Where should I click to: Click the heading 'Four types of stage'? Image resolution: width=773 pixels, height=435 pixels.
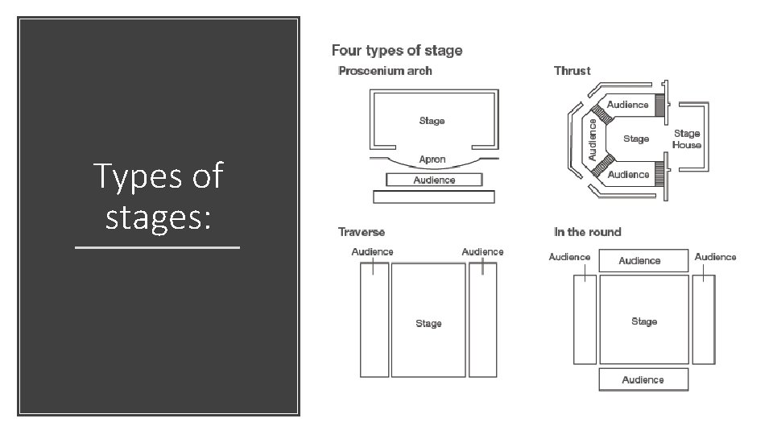pyautogui.click(x=397, y=50)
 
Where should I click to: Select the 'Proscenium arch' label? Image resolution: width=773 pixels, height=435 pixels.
pyautogui.click(x=385, y=71)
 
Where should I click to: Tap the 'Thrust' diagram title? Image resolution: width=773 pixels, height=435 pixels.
pyautogui.click(x=572, y=71)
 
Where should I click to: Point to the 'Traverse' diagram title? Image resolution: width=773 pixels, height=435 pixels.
pyautogui.click(x=362, y=232)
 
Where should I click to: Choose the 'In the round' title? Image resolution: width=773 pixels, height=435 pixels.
pyautogui.click(x=587, y=232)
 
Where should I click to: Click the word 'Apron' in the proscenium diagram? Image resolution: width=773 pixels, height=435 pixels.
pyautogui.click(x=432, y=159)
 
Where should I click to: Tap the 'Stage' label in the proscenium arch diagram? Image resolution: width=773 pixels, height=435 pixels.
pyautogui.click(x=432, y=121)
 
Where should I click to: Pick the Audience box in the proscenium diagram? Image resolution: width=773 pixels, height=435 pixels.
pyautogui.click(x=434, y=180)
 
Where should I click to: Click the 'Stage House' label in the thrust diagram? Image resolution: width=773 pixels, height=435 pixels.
pyautogui.click(x=687, y=139)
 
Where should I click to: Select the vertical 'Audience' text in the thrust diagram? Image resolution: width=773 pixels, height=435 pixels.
pyautogui.click(x=592, y=140)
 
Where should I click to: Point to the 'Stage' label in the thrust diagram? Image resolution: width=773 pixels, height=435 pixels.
pyautogui.click(x=636, y=139)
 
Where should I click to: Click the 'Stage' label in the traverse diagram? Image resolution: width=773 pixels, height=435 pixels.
pyautogui.click(x=428, y=324)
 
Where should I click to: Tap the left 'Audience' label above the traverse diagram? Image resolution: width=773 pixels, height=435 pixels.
pyautogui.click(x=372, y=251)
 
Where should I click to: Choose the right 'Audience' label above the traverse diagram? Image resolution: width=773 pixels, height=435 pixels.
pyautogui.click(x=482, y=251)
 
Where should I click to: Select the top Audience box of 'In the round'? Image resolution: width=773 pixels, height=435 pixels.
pyautogui.click(x=643, y=260)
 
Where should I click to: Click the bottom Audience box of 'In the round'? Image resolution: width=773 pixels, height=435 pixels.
pyautogui.click(x=643, y=379)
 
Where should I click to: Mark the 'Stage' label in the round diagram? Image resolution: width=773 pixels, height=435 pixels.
pyautogui.click(x=644, y=321)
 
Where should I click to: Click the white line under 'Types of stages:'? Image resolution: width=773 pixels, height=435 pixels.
pyautogui.click(x=157, y=247)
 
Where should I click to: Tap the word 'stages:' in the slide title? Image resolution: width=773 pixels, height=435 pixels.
pyautogui.click(x=159, y=218)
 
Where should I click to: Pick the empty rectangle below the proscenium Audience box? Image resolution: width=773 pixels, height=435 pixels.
pyautogui.click(x=434, y=197)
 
